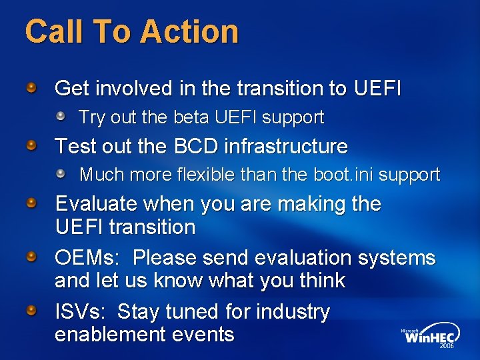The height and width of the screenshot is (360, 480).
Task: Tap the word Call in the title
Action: point(53,31)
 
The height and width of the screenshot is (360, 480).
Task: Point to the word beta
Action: point(191,117)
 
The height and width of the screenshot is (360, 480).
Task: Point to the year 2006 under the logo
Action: point(447,347)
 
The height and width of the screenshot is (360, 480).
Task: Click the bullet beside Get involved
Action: point(32,87)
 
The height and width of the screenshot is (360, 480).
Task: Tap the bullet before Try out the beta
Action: point(61,117)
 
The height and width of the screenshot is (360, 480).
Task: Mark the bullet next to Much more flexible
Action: point(61,174)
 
